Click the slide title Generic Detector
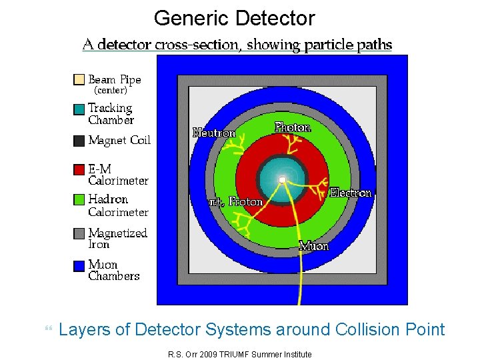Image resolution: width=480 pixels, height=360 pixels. coord(234,18)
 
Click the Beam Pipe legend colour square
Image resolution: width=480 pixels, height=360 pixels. coord(79,80)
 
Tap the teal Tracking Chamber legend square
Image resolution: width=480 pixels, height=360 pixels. coord(79,109)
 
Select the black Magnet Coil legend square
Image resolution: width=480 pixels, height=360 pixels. coord(79,141)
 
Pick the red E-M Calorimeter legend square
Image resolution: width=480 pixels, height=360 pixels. coord(79,169)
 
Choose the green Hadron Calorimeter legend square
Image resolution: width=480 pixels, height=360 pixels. coord(79,199)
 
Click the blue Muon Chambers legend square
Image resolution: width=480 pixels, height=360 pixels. coord(79,265)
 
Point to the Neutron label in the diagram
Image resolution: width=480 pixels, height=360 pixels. coord(214,133)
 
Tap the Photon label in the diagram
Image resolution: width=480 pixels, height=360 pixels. coord(293,127)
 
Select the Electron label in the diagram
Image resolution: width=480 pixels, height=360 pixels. coord(351,193)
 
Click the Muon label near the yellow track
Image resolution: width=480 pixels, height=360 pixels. coord(313,246)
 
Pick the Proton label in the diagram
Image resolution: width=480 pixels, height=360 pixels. coord(246,201)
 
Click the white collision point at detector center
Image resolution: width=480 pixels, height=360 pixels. coord(282,179)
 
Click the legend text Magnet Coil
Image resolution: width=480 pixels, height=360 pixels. coord(119,141)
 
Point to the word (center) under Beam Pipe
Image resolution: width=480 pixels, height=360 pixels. coord(111,90)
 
